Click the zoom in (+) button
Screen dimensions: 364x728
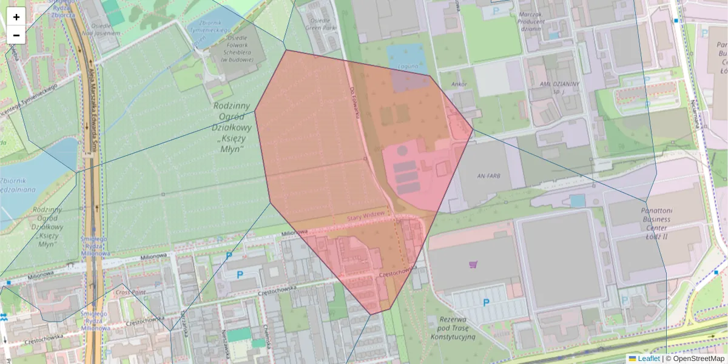16,17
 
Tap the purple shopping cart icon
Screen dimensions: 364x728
473,264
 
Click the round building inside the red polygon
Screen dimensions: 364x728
402,150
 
